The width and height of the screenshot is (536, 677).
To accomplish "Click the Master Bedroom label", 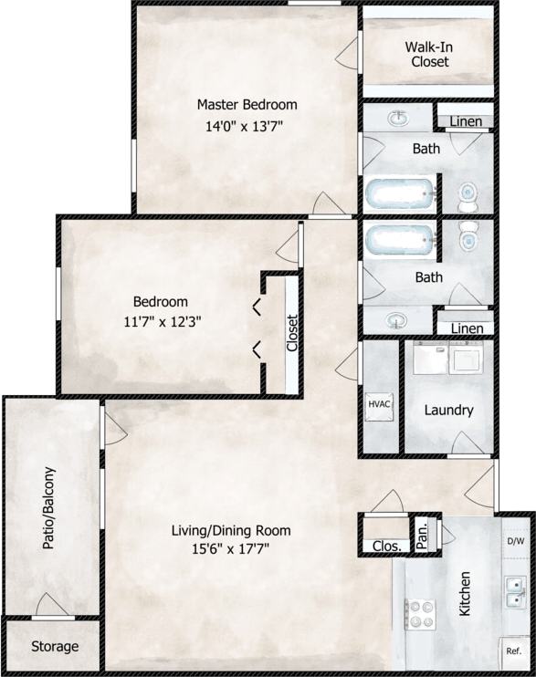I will tap(247, 105).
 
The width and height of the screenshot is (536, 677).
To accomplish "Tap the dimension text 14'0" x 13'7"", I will tap(247, 127).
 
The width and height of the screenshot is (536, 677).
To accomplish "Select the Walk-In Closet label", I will tap(428, 54).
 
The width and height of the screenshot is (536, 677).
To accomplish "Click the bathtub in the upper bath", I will tap(403, 193).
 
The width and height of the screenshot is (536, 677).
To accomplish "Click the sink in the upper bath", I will tap(399, 119).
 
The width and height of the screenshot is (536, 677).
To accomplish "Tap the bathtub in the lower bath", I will tap(403, 241).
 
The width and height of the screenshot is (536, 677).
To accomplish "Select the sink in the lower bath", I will tap(397, 320).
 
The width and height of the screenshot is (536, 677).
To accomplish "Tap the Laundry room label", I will tap(448, 410).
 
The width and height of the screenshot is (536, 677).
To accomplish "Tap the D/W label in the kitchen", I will tap(515, 541).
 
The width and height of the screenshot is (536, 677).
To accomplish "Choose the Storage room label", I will tap(55, 646).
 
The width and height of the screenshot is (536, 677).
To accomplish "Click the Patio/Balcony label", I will tap(49, 508).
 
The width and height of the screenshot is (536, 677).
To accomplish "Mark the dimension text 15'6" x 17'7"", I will tap(232, 548).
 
